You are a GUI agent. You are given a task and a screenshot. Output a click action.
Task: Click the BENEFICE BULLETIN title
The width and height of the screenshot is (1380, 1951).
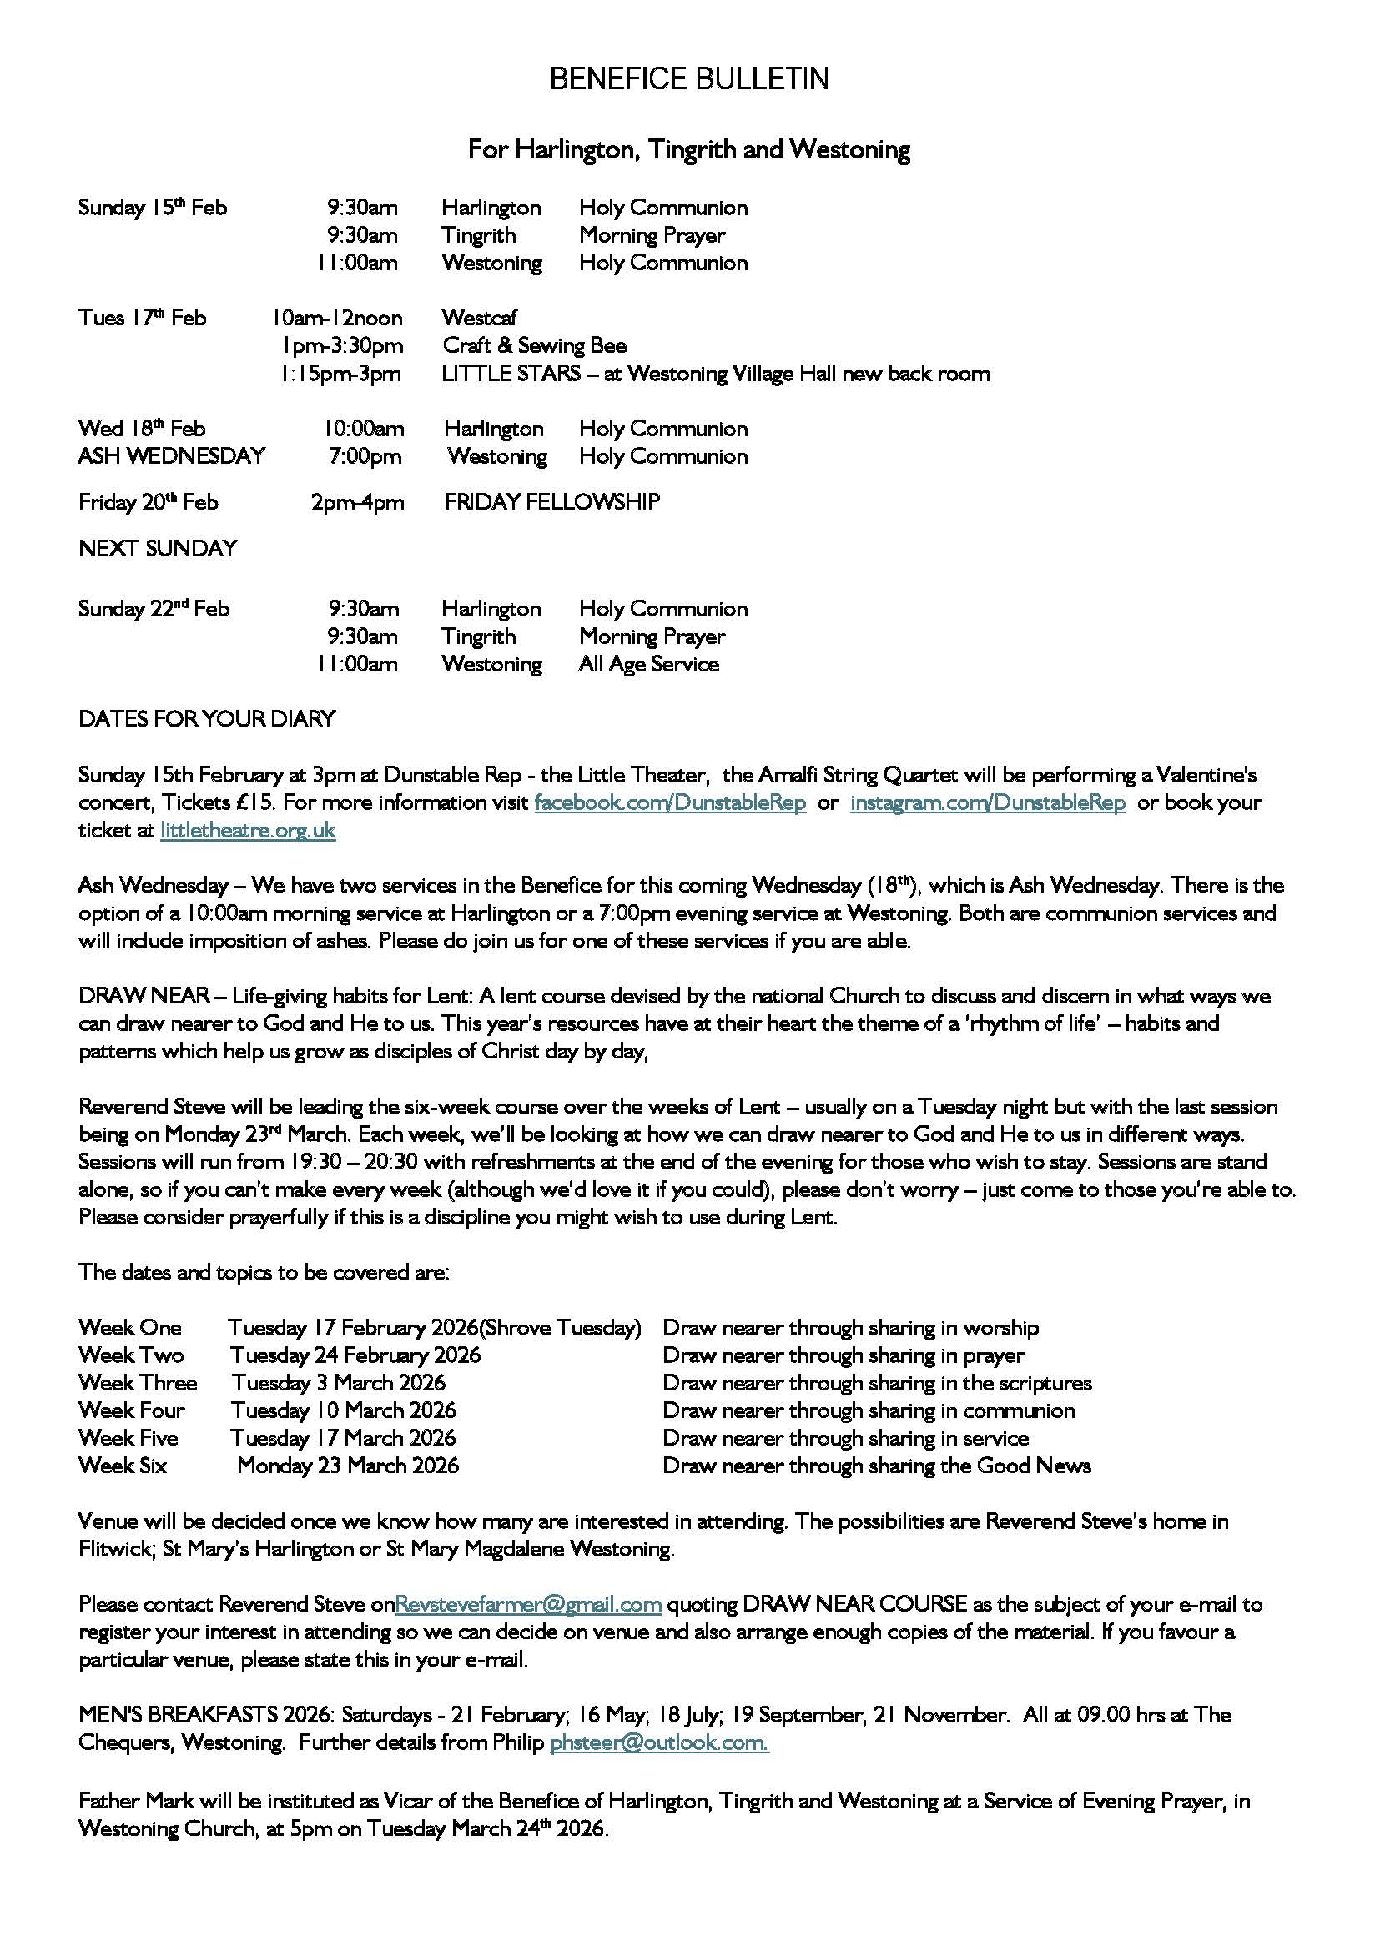pos(688,79)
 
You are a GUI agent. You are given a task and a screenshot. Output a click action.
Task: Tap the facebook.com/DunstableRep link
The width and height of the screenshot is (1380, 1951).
pos(670,803)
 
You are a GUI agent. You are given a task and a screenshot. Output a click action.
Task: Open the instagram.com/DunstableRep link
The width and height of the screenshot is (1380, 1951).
pos(987,803)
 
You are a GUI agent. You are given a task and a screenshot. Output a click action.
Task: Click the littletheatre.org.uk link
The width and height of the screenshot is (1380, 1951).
pos(247,831)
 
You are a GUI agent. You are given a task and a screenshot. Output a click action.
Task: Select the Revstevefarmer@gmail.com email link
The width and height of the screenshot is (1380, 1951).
pos(527,1604)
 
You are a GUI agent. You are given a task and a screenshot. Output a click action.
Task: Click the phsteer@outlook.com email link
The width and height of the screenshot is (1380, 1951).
pos(659,1742)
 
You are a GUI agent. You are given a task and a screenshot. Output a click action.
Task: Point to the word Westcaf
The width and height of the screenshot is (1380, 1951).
pos(478,318)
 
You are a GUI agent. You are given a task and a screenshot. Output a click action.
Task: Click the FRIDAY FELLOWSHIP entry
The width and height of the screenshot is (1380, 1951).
pos(551,502)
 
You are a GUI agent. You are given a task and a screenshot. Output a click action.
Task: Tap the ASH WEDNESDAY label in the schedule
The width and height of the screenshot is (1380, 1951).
pos(172,456)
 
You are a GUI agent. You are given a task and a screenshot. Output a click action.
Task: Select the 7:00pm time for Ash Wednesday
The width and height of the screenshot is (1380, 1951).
pos(365,456)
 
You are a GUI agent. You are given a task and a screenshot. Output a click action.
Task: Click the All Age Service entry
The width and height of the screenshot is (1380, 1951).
pos(648,665)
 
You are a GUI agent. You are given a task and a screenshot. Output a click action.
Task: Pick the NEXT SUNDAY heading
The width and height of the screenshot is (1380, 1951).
pos(157,549)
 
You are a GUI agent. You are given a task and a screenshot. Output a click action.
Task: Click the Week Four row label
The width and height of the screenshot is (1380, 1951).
pos(131,1410)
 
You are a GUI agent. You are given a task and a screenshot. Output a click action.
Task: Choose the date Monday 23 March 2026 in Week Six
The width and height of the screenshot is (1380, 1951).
pos(348,1466)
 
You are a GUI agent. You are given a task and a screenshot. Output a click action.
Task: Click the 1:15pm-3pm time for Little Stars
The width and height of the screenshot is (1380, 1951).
pos(340,374)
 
